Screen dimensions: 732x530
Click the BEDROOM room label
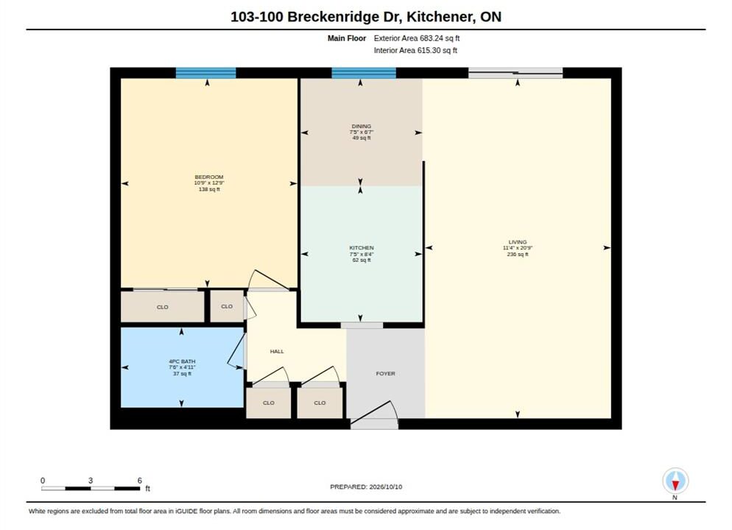(208, 177)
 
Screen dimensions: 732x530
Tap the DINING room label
(362, 126)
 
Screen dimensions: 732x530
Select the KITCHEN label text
(362, 248)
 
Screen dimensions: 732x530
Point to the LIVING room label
(517, 242)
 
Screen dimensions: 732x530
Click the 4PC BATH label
(182, 361)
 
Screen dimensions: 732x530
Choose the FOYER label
(386, 374)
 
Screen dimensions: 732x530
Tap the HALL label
(277, 351)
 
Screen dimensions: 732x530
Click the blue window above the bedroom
(206, 73)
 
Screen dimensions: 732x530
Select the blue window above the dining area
(364, 73)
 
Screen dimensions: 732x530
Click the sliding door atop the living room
(515, 73)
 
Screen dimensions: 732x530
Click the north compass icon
(675, 481)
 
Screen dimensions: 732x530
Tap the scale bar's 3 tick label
(91, 481)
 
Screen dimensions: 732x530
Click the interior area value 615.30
(426, 50)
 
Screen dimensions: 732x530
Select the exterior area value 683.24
(428, 38)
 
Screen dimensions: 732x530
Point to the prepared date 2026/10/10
(385, 487)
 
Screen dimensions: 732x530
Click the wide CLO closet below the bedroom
(163, 307)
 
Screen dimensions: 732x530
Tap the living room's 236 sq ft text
(518, 255)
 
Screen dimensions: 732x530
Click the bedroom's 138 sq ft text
(209, 189)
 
